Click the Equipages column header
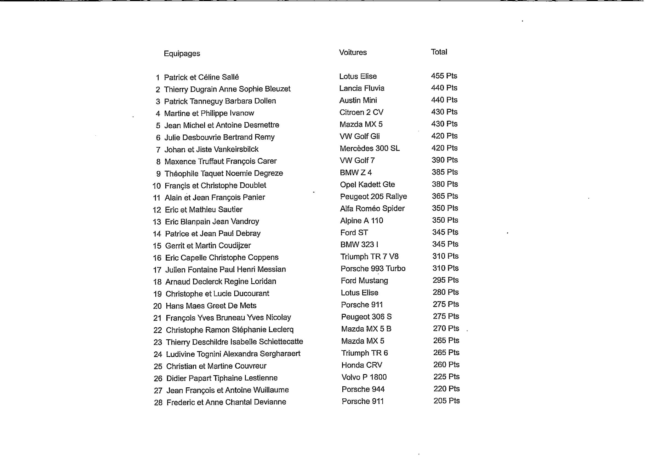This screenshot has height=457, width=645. (x=182, y=53)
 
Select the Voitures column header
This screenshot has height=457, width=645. (x=353, y=52)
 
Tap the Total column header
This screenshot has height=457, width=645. (x=439, y=52)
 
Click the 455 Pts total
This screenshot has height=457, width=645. (x=444, y=76)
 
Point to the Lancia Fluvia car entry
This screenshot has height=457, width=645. (x=362, y=88)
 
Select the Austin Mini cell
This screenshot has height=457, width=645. (x=358, y=100)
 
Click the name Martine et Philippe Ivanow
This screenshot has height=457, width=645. (x=209, y=113)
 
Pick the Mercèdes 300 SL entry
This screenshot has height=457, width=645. (x=369, y=148)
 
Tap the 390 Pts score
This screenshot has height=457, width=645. (x=444, y=160)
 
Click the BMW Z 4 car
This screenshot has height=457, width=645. (x=356, y=173)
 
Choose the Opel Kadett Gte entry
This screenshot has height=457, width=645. (x=367, y=185)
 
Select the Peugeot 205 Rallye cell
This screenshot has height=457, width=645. (x=373, y=196)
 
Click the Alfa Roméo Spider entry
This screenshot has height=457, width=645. (x=372, y=208)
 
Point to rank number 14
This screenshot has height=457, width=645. (x=157, y=234)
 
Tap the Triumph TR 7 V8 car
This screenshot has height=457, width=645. (x=369, y=256)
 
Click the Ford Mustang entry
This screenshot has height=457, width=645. (x=364, y=280)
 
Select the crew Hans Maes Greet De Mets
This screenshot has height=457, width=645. (x=211, y=306)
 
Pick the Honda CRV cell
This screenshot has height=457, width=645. (x=362, y=365)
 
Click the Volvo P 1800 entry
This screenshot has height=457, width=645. (x=364, y=377)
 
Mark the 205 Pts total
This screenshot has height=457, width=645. (x=446, y=401)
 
